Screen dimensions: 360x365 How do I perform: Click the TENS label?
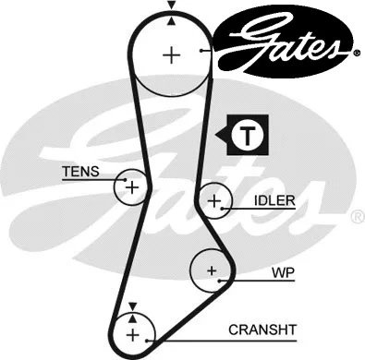pyautogui.click(x=79, y=172)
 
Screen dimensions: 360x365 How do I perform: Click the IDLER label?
pyautogui.click(x=274, y=200)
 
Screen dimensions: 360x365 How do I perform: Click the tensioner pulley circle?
pyautogui.click(x=132, y=187)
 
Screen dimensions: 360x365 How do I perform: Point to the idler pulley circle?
pyautogui.click(x=214, y=199)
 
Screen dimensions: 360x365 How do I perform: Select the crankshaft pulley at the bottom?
pyautogui.click(x=132, y=333)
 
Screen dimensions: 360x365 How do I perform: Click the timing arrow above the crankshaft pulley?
pyautogui.click(x=132, y=306)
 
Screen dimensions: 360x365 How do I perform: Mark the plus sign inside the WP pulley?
pyautogui.click(x=212, y=270)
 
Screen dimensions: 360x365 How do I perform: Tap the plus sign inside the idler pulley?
pyautogui.click(x=214, y=199)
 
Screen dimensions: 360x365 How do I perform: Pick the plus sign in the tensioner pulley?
pyautogui.click(x=132, y=187)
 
